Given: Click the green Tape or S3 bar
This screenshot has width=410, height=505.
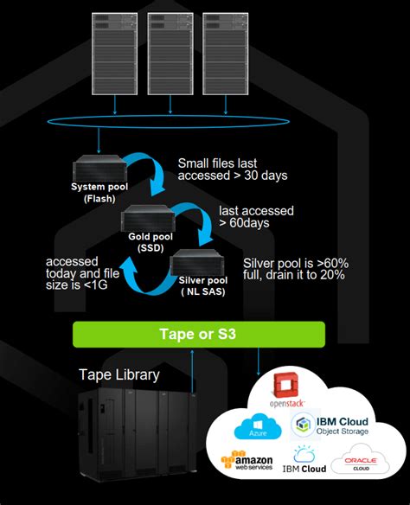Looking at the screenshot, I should pyautogui.click(x=199, y=335).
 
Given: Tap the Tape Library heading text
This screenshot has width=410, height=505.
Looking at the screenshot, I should pyautogui.click(x=119, y=374).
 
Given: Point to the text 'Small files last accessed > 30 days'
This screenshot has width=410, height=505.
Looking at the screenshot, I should pyautogui.click(x=232, y=169).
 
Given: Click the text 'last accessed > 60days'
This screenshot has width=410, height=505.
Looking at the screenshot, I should pyautogui.click(x=256, y=216).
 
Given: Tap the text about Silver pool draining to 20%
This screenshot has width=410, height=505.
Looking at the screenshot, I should pyautogui.click(x=295, y=269).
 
